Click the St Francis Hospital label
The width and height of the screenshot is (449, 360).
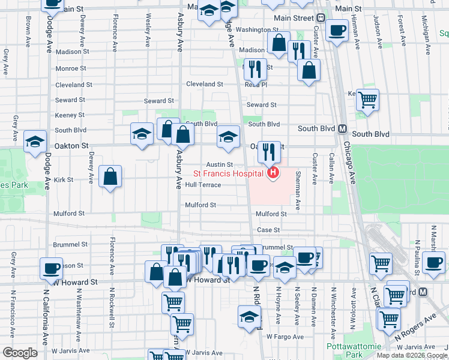tap(231, 174)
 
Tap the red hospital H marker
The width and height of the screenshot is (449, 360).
tap(273, 174)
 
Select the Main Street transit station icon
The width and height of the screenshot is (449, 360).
tap(321, 18)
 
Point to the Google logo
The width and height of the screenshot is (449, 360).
tap(20, 353)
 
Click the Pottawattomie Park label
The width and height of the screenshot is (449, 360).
tap(346, 350)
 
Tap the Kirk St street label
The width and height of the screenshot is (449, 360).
tap(63, 179)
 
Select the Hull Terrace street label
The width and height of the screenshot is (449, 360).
tap(203, 185)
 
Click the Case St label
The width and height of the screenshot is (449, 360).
tap(268, 230)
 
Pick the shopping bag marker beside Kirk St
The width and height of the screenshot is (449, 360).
tap(110, 176)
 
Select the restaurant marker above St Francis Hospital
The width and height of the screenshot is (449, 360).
tap(270, 151)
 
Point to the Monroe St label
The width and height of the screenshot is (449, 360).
tap(71, 68)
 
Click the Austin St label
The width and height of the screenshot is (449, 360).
tap(219, 164)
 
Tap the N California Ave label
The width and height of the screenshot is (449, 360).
tap(45, 318)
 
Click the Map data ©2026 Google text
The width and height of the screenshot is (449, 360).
tap(412, 355)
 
